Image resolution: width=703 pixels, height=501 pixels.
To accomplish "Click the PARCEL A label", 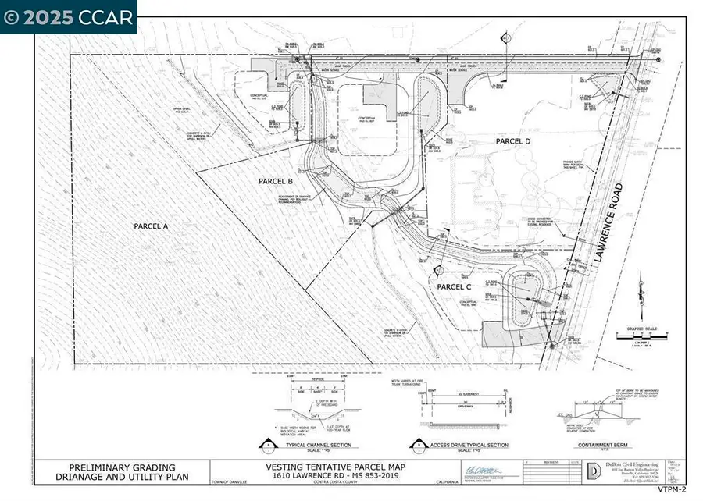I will pos(152,226).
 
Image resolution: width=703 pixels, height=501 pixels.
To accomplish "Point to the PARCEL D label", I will pos(513,140).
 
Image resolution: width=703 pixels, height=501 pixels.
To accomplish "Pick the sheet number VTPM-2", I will pos(671,490).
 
